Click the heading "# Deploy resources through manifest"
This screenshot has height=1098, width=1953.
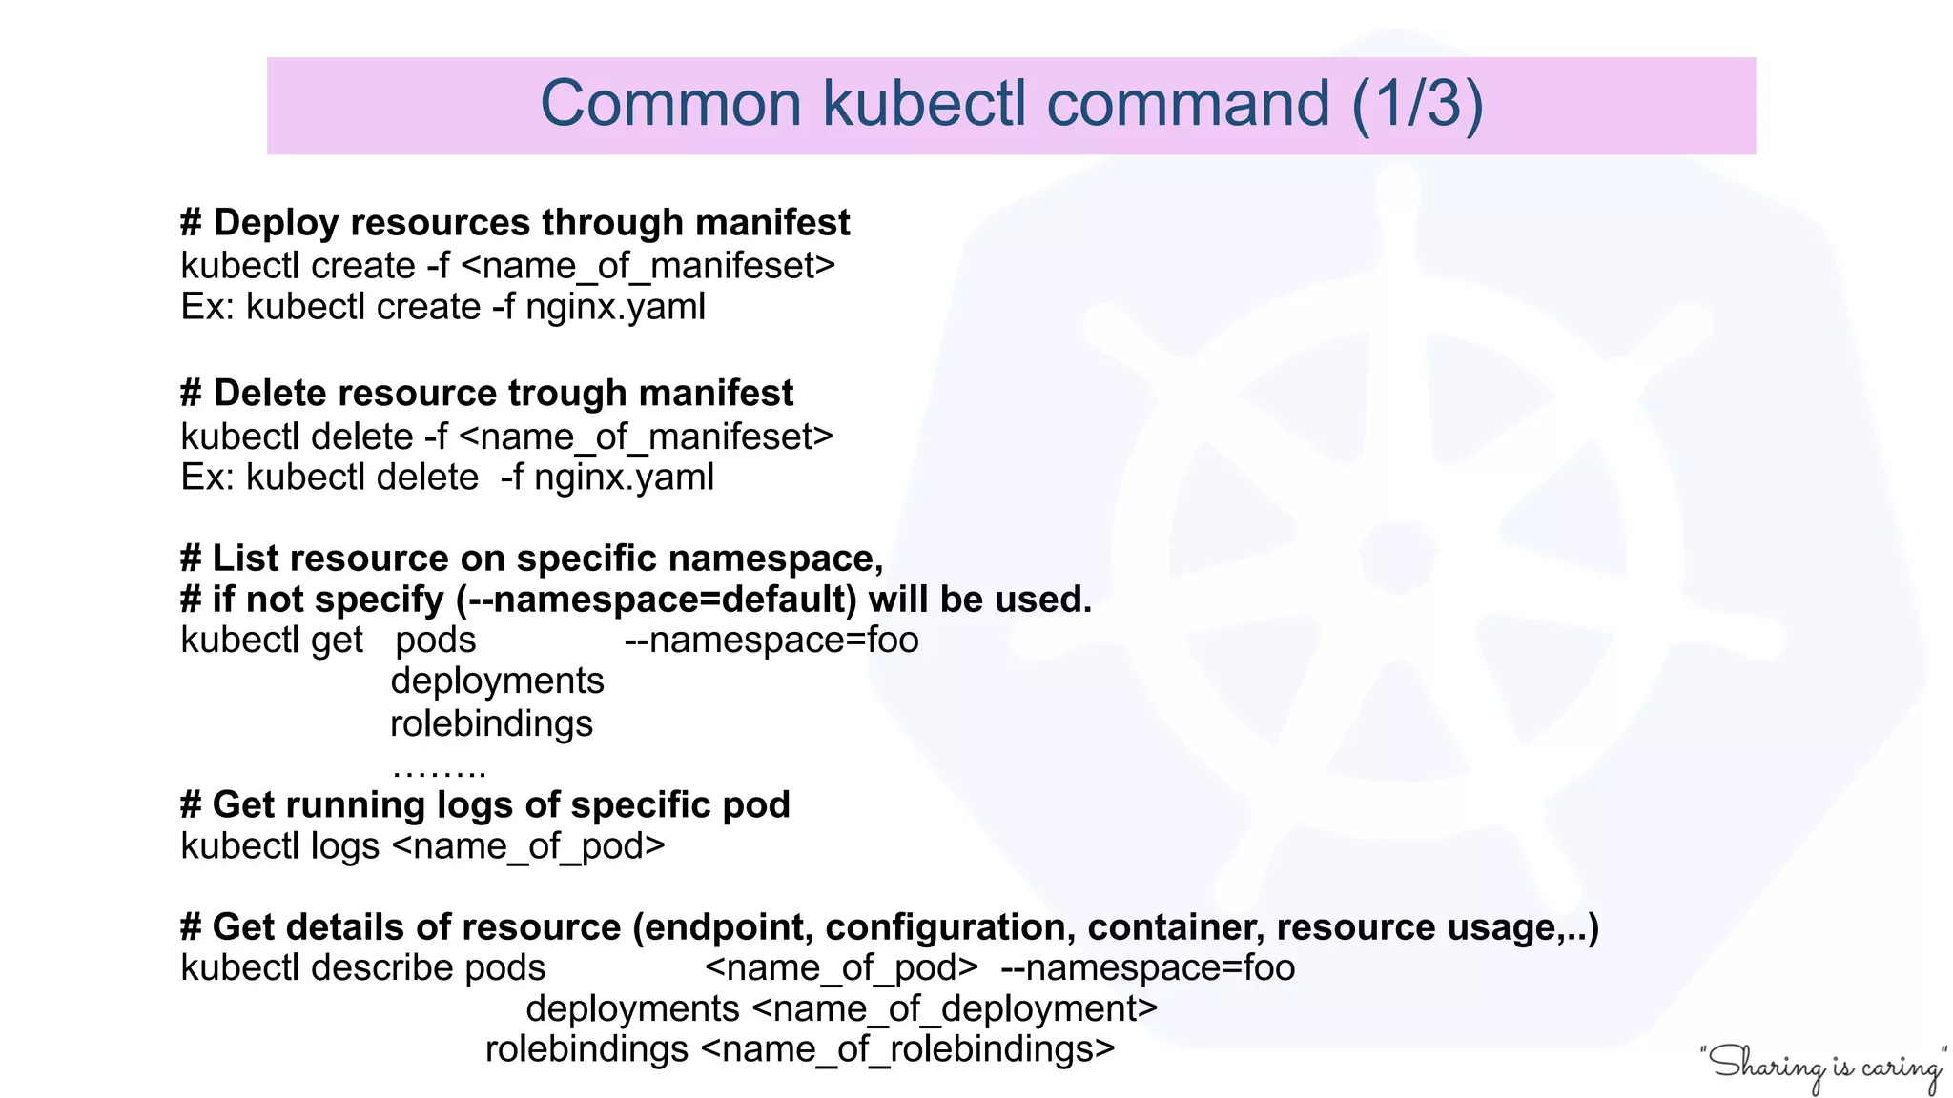click(515, 223)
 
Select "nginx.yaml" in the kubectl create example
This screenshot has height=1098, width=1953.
click(615, 307)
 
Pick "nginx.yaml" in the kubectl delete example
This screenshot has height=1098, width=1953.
click(624, 477)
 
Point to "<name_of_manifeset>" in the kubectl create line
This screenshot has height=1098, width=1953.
click(648, 266)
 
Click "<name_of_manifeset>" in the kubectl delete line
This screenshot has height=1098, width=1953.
click(646, 437)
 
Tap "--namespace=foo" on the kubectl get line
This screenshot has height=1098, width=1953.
click(771, 640)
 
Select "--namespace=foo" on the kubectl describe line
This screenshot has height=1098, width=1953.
click(1147, 967)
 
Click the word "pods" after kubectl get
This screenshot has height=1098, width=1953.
click(436, 640)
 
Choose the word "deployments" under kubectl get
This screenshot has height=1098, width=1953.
click(497, 681)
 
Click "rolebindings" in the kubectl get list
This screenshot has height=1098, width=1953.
click(491, 723)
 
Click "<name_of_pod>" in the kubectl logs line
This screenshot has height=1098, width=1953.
click(528, 846)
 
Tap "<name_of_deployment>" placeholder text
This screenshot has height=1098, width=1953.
click(955, 1008)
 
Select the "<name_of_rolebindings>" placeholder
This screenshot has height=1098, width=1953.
click(908, 1049)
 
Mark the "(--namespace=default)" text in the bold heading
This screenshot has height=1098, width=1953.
click(657, 600)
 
